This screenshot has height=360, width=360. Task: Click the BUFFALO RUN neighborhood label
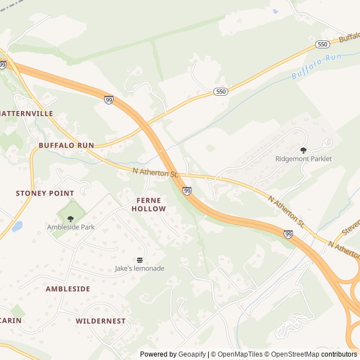tap(66, 145)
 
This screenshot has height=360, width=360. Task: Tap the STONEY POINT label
tap(45, 193)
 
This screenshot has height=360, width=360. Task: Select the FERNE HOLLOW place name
tap(148, 204)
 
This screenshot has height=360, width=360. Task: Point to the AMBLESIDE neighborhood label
tap(67, 289)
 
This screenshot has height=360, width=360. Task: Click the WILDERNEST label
tap(101, 321)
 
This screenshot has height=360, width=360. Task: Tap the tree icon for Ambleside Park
tap(70, 218)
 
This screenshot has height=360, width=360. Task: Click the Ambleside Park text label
tap(70, 227)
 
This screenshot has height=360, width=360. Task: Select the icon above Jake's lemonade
tap(139, 260)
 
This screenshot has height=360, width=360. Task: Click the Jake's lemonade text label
tap(139, 268)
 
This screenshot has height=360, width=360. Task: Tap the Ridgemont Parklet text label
tap(303, 159)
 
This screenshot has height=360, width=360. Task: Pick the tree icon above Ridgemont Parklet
tap(304, 150)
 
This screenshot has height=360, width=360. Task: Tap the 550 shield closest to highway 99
tap(221, 91)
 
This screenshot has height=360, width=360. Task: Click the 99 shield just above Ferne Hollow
tap(187, 191)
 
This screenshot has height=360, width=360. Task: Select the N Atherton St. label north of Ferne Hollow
tap(155, 172)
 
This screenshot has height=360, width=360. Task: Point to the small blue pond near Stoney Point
tap(17, 226)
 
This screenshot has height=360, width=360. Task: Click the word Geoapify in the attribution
tap(191, 354)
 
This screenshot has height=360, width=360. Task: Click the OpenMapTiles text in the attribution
tap(240, 354)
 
